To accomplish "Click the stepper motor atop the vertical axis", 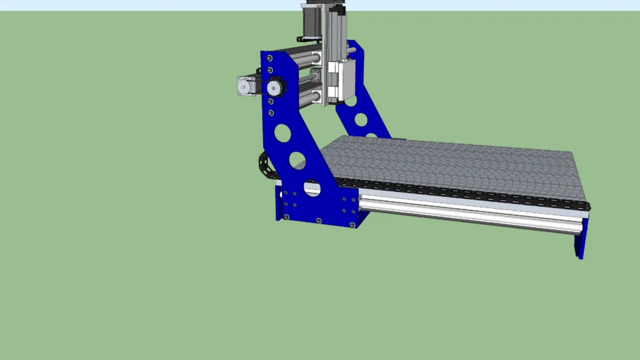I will pyautogui.click(x=312, y=21).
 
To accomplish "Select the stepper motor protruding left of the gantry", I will pyautogui.click(x=246, y=86).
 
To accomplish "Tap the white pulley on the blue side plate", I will pyautogui.click(x=274, y=88).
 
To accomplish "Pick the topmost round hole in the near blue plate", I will pyautogui.click(x=283, y=132).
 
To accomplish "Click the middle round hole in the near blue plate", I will pyautogui.click(x=296, y=160).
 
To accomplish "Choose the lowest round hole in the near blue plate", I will pyautogui.click(x=312, y=188).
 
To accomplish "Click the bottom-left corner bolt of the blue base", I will pyautogui.click(x=286, y=217).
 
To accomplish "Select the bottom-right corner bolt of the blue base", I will pyautogui.click(x=351, y=224).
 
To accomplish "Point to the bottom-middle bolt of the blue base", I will pyautogui.click(x=319, y=221).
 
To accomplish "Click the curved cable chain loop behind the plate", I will pyautogui.click(x=264, y=165).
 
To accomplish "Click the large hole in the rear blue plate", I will pyautogui.click(x=361, y=120).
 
